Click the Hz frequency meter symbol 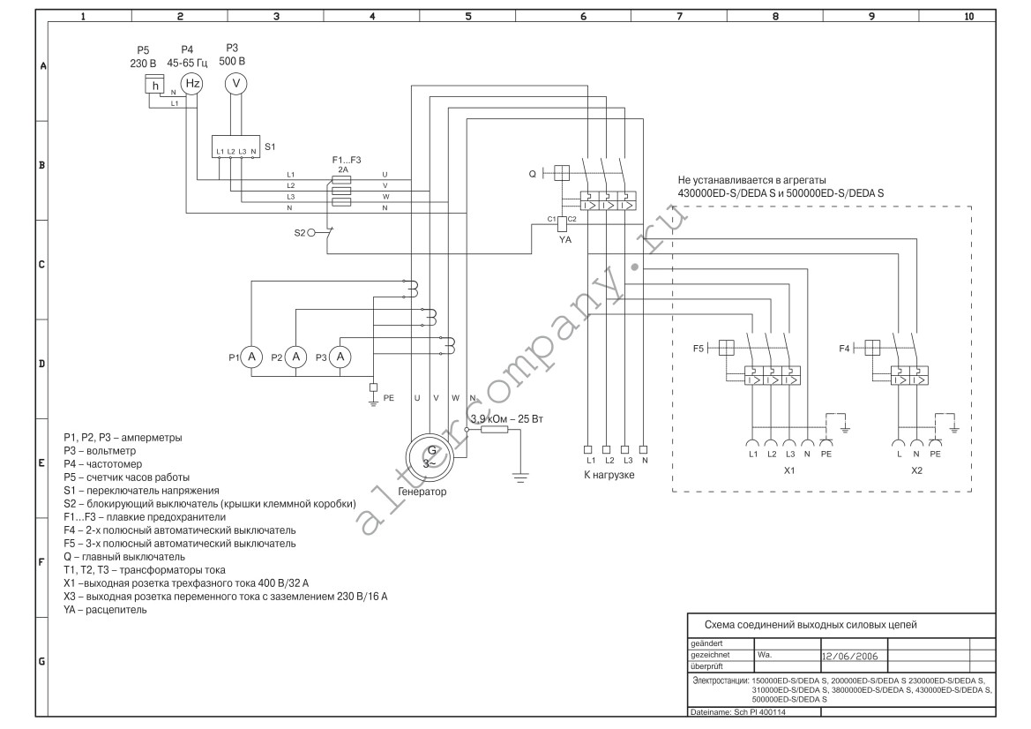(x=192, y=84)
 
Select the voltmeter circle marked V (x=236, y=84)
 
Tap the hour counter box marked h (x=155, y=84)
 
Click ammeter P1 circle (x=252, y=357)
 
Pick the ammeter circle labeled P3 (x=340, y=357)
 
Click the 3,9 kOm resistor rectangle (x=495, y=430)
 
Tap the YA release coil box (x=563, y=223)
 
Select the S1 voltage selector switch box (x=235, y=147)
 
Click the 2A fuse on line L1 (x=341, y=180)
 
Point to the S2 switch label (x=300, y=233)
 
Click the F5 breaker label (x=699, y=348)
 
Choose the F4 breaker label (x=844, y=348)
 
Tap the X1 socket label (x=789, y=470)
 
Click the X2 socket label (x=916, y=470)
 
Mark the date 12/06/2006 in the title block (x=849, y=656)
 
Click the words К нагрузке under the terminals (x=609, y=475)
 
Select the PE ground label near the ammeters (x=389, y=398)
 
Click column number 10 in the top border (x=968, y=17)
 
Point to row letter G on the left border (x=41, y=661)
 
